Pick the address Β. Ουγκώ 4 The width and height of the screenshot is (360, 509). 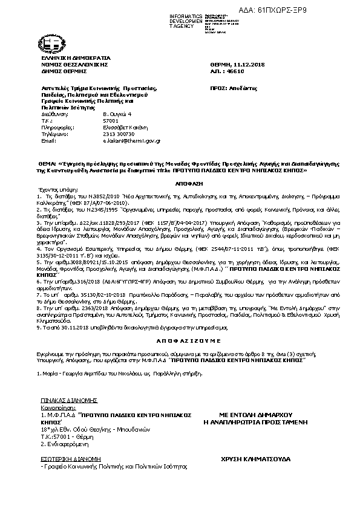tap(116, 114)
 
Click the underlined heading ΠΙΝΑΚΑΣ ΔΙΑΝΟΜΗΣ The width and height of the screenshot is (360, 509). tap(61, 400)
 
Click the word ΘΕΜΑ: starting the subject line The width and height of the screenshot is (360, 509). tap(47, 163)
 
